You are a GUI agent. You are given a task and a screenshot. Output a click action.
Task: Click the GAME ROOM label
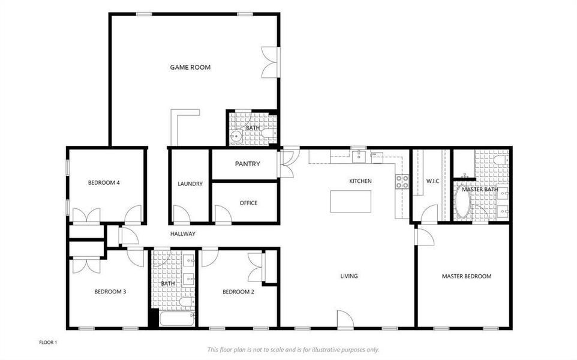tap(190, 68)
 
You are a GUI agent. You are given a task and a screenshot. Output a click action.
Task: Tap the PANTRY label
tap(247, 164)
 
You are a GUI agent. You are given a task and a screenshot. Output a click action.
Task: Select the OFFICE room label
tap(248, 203)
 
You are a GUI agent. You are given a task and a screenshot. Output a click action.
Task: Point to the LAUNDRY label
tap(190, 184)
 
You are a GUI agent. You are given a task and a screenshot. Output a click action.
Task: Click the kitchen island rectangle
tap(350, 201)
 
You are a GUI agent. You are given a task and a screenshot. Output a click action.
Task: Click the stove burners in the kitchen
tap(401, 181)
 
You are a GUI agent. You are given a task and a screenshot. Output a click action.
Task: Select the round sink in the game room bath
tap(236, 137)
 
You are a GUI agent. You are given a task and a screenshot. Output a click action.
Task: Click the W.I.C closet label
tap(433, 181)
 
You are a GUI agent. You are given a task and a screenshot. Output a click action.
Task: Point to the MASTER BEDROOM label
tap(466, 277)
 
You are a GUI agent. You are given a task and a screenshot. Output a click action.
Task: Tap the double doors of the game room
tap(271, 62)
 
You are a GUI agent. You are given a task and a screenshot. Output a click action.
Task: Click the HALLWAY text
tap(182, 234)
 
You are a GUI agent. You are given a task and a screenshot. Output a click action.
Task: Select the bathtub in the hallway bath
tap(176, 318)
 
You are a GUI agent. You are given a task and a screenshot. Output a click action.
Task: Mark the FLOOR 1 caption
tap(48, 342)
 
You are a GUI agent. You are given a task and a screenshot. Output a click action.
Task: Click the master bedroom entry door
tap(423, 236)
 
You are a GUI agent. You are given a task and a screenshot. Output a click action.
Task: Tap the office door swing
tap(223, 214)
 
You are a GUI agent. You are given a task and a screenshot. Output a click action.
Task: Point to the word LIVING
tap(349, 277)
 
